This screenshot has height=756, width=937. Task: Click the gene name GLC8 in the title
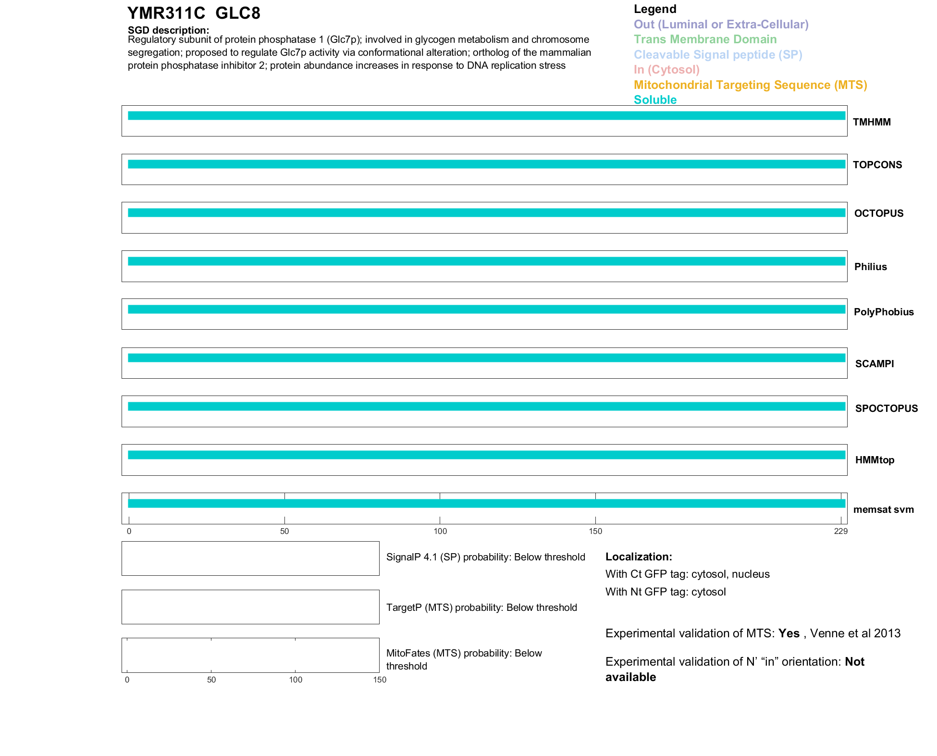[x=238, y=13]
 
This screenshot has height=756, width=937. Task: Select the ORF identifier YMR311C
[x=166, y=13]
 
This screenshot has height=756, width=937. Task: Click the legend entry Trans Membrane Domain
[x=705, y=39]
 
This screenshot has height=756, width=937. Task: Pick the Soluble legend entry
[x=655, y=100]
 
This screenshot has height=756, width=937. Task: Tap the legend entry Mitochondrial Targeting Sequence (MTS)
[x=750, y=85]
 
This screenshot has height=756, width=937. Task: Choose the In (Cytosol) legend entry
[x=666, y=70]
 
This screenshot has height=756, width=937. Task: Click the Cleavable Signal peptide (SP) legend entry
[x=718, y=55]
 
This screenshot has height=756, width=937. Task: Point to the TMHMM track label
[x=872, y=122]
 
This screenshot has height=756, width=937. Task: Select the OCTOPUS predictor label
[x=878, y=213]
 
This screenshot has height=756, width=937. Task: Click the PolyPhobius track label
[x=884, y=312]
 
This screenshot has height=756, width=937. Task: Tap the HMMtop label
[x=875, y=460]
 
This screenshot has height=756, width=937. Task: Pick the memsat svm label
[x=883, y=509]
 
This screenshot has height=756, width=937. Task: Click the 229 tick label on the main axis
[x=840, y=531]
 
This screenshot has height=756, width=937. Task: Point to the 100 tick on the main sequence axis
[x=440, y=531]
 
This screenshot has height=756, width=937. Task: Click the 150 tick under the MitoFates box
[x=380, y=680]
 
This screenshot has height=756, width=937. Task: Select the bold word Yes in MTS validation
[x=789, y=633]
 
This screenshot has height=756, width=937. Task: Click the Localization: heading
[x=639, y=557]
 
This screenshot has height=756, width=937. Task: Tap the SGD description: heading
[x=168, y=30]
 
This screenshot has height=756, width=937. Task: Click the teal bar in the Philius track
[x=486, y=261]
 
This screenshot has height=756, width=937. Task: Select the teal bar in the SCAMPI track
[x=486, y=358]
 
